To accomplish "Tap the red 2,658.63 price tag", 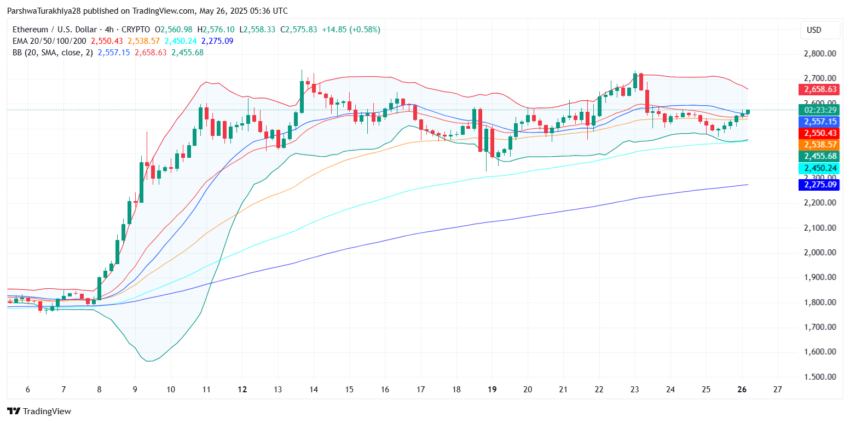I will point(819,89).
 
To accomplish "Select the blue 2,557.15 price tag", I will point(819,122).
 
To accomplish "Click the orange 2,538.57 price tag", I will point(819,145).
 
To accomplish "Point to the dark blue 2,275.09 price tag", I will point(819,185).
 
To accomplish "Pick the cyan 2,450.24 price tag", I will point(819,169).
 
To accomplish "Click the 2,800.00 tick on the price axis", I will point(819,54).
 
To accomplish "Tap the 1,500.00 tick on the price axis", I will point(819,377).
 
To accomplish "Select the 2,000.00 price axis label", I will point(819,253).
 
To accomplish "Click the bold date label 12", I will point(242,389).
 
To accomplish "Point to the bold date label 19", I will point(492,389).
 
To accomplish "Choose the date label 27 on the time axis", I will point(777,389).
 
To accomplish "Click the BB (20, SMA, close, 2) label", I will point(52,53).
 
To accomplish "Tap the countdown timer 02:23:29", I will point(819,110).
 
